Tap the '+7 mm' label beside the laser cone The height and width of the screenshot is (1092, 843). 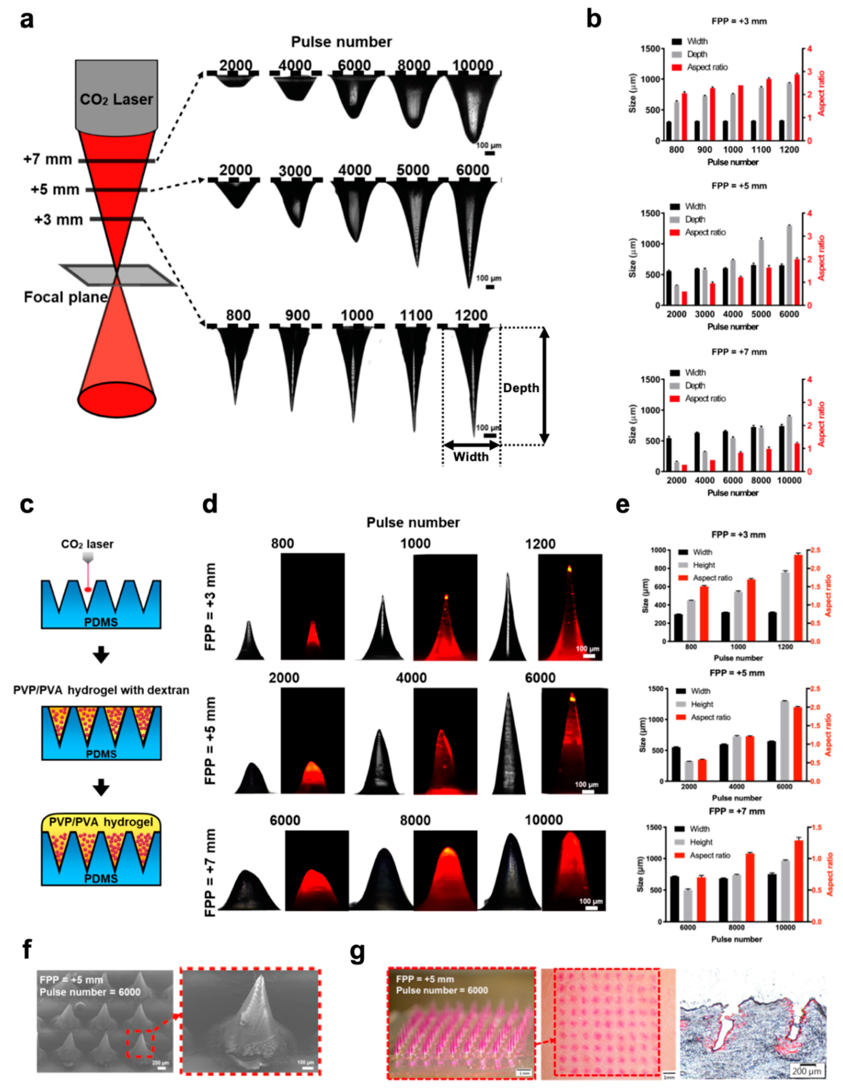(48, 159)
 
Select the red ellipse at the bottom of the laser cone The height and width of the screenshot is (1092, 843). (117, 400)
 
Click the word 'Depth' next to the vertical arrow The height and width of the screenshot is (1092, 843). (521, 388)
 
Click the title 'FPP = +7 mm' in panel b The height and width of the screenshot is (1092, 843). (739, 352)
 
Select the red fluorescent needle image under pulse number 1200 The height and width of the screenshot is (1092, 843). (570, 607)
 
